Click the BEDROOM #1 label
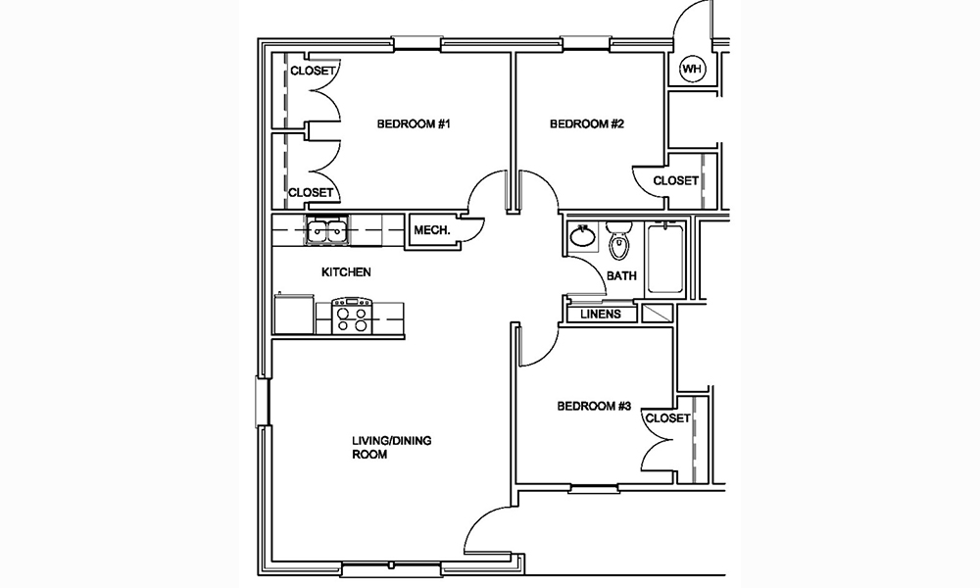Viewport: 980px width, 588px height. coord(414,124)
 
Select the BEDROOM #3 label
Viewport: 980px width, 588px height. coord(594,407)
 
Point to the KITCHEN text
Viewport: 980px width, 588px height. coord(347,272)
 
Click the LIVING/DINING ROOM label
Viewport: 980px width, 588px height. coord(392,448)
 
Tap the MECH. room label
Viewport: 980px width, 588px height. coord(432,231)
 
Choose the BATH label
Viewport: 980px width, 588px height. coord(621,276)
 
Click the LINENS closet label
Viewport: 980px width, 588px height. coord(601,315)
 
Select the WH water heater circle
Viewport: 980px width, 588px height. coord(693,70)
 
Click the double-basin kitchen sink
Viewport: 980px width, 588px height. coord(326,232)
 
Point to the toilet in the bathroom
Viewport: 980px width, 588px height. coord(618,240)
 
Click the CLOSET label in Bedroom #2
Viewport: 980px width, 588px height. coord(675,181)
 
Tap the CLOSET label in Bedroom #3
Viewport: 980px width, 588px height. coord(667,418)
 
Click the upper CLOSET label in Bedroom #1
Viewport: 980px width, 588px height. coord(313,72)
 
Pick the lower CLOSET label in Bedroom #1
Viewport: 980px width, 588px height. coord(313,193)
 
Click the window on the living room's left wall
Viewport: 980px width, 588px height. coord(262,401)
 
